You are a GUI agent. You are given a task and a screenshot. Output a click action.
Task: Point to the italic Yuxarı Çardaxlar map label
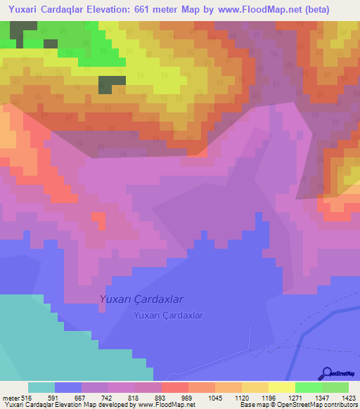coord(141,299)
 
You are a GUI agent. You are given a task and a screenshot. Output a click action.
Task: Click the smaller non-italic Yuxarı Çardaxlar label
coord(168,316)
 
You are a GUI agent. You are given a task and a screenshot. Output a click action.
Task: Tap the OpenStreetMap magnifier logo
coord(327,373)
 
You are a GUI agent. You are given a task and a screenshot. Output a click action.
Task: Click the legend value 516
coord(27,397)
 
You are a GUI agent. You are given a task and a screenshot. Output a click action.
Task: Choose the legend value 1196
coord(269,397)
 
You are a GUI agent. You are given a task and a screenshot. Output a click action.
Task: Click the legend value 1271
coord(295,397)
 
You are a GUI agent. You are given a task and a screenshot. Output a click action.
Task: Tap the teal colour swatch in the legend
coord(41,387)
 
